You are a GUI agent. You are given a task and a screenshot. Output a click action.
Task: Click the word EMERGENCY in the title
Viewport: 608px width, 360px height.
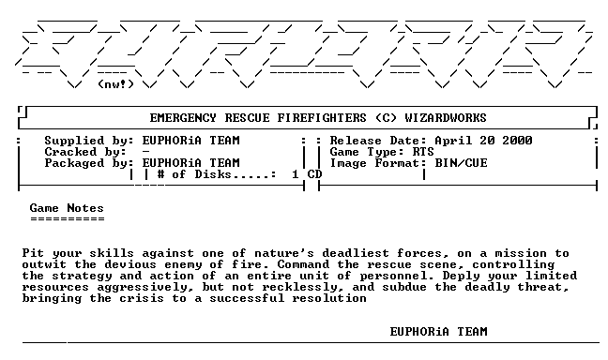pyautogui.click(x=183, y=118)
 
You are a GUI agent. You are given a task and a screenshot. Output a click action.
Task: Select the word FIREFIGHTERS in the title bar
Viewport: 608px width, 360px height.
pyautogui.click(x=322, y=118)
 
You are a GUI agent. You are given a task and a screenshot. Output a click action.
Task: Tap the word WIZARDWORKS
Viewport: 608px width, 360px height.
pyautogui.click(x=446, y=118)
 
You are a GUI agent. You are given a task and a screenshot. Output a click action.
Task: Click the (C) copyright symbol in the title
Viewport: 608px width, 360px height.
pyautogui.click(x=386, y=118)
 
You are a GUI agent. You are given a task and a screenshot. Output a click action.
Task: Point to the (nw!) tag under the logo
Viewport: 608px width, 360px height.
pyautogui.click(x=116, y=84)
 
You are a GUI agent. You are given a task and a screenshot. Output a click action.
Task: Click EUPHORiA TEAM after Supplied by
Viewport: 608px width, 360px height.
pyautogui.click(x=190, y=141)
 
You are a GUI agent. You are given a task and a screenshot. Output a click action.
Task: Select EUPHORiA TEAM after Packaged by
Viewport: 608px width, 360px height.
pyautogui.click(x=190, y=163)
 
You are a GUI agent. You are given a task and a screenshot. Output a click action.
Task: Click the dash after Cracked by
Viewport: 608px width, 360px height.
pyautogui.click(x=145, y=152)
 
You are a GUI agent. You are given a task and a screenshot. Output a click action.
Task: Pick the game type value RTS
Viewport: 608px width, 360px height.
pyautogui.click(x=423, y=152)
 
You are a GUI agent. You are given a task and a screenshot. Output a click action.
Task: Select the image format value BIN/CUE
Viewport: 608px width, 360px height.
pyautogui.click(x=461, y=163)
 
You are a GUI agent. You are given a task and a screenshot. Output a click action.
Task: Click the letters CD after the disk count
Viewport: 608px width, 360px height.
pyautogui.click(x=314, y=174)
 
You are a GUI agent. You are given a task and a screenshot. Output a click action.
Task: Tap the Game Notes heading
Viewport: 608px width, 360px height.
pyautogui.click(x=67, y=208)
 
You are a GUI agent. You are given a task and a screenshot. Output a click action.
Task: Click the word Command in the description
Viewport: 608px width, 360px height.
pyautogui.click(x=303, y=264)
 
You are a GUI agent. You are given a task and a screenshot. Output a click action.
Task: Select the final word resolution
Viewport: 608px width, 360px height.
pyautogui.click(x=329, y=298)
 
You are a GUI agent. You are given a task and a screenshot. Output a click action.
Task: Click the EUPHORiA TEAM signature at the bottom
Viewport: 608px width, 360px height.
pyautogui.click(x=438, y=332)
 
